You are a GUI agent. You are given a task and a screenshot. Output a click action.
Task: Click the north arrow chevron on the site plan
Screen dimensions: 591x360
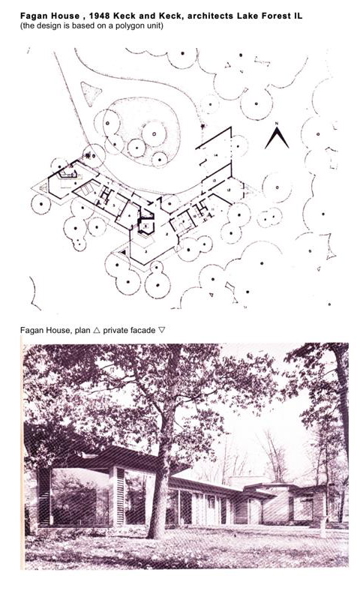click(x=277, y=137)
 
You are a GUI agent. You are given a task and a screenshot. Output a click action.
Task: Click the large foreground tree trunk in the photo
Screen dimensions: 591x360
click(x=158, y=502)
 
